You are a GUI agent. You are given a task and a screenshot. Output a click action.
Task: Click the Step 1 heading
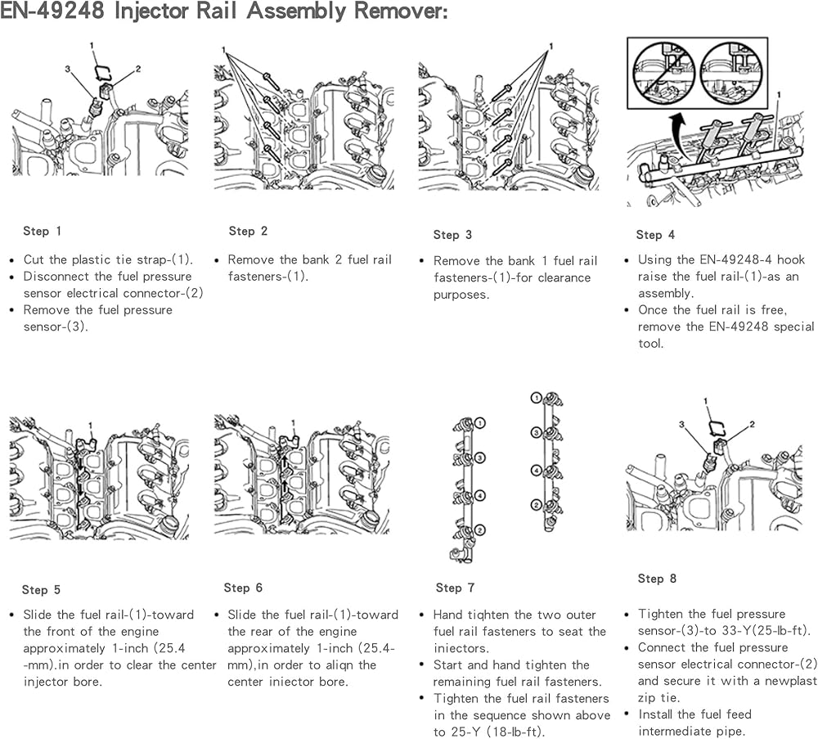[x=42, y=232]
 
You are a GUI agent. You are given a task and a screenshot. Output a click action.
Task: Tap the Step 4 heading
[x=656, y=235]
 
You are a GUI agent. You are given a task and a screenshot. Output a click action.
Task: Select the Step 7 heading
[x=455, y=588]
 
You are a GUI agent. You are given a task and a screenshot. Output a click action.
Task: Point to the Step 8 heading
[x=657, y=579]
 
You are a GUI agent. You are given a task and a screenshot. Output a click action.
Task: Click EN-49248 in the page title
[x=52, y=12]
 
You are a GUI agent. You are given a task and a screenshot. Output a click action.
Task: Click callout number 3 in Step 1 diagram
[x=68, y=70]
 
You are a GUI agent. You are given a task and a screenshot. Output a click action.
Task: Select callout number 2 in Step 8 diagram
[x=752, y=424]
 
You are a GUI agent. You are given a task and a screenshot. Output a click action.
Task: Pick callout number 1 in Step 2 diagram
[x=222, y=51]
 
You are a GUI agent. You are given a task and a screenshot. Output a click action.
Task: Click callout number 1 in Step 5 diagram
[x=92, y=424]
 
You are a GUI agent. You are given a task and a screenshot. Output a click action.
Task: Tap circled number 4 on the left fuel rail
[x=481, y=496]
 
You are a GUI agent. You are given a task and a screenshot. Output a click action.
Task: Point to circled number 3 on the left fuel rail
[x=481, y=457]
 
